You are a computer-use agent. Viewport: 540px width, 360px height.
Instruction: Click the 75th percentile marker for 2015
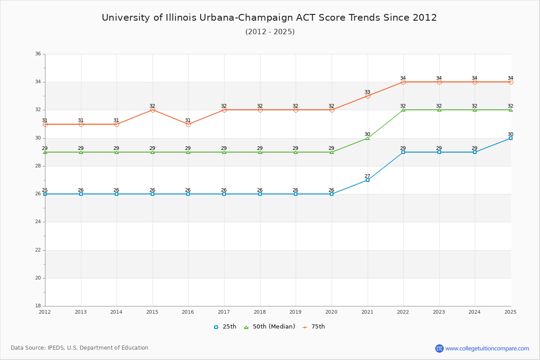pos(153,110)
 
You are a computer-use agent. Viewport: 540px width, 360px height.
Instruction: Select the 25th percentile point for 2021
pos(368,180)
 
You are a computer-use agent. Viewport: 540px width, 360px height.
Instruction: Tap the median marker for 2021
pos(368,138)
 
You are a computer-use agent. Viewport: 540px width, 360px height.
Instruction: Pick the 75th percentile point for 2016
pos(188,124)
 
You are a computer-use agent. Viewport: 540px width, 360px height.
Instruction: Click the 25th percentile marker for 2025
pos(511,138)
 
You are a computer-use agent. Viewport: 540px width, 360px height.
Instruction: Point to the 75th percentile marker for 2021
pos(368,96)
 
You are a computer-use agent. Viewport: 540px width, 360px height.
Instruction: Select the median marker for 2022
pos(403,110)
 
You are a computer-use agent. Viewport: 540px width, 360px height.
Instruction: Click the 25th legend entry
pos(225,327)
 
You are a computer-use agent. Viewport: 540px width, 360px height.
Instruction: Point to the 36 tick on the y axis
pos(38,54)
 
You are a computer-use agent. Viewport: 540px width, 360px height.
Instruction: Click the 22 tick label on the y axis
pos(38,250)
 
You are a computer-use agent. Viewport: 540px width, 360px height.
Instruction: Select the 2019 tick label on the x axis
pos(296,312)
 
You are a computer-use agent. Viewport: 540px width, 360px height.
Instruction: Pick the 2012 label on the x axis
pos(45,312)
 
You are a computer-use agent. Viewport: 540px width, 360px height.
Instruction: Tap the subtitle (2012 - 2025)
pos(270,31)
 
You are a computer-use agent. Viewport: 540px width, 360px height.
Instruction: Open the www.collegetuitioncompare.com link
pos(487,348)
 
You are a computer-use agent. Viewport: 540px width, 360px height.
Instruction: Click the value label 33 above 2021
pos(368,92)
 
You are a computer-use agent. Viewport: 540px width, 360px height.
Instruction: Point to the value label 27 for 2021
pos(368,176)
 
